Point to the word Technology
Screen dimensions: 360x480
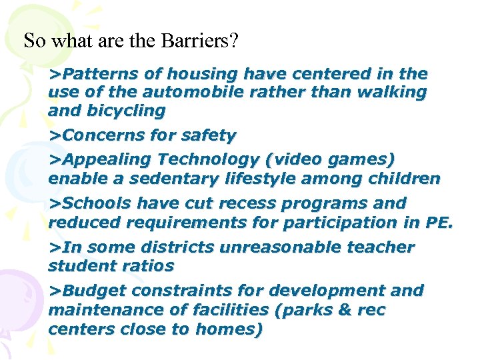pos(207,160)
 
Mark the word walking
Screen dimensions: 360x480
pos(390,92)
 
